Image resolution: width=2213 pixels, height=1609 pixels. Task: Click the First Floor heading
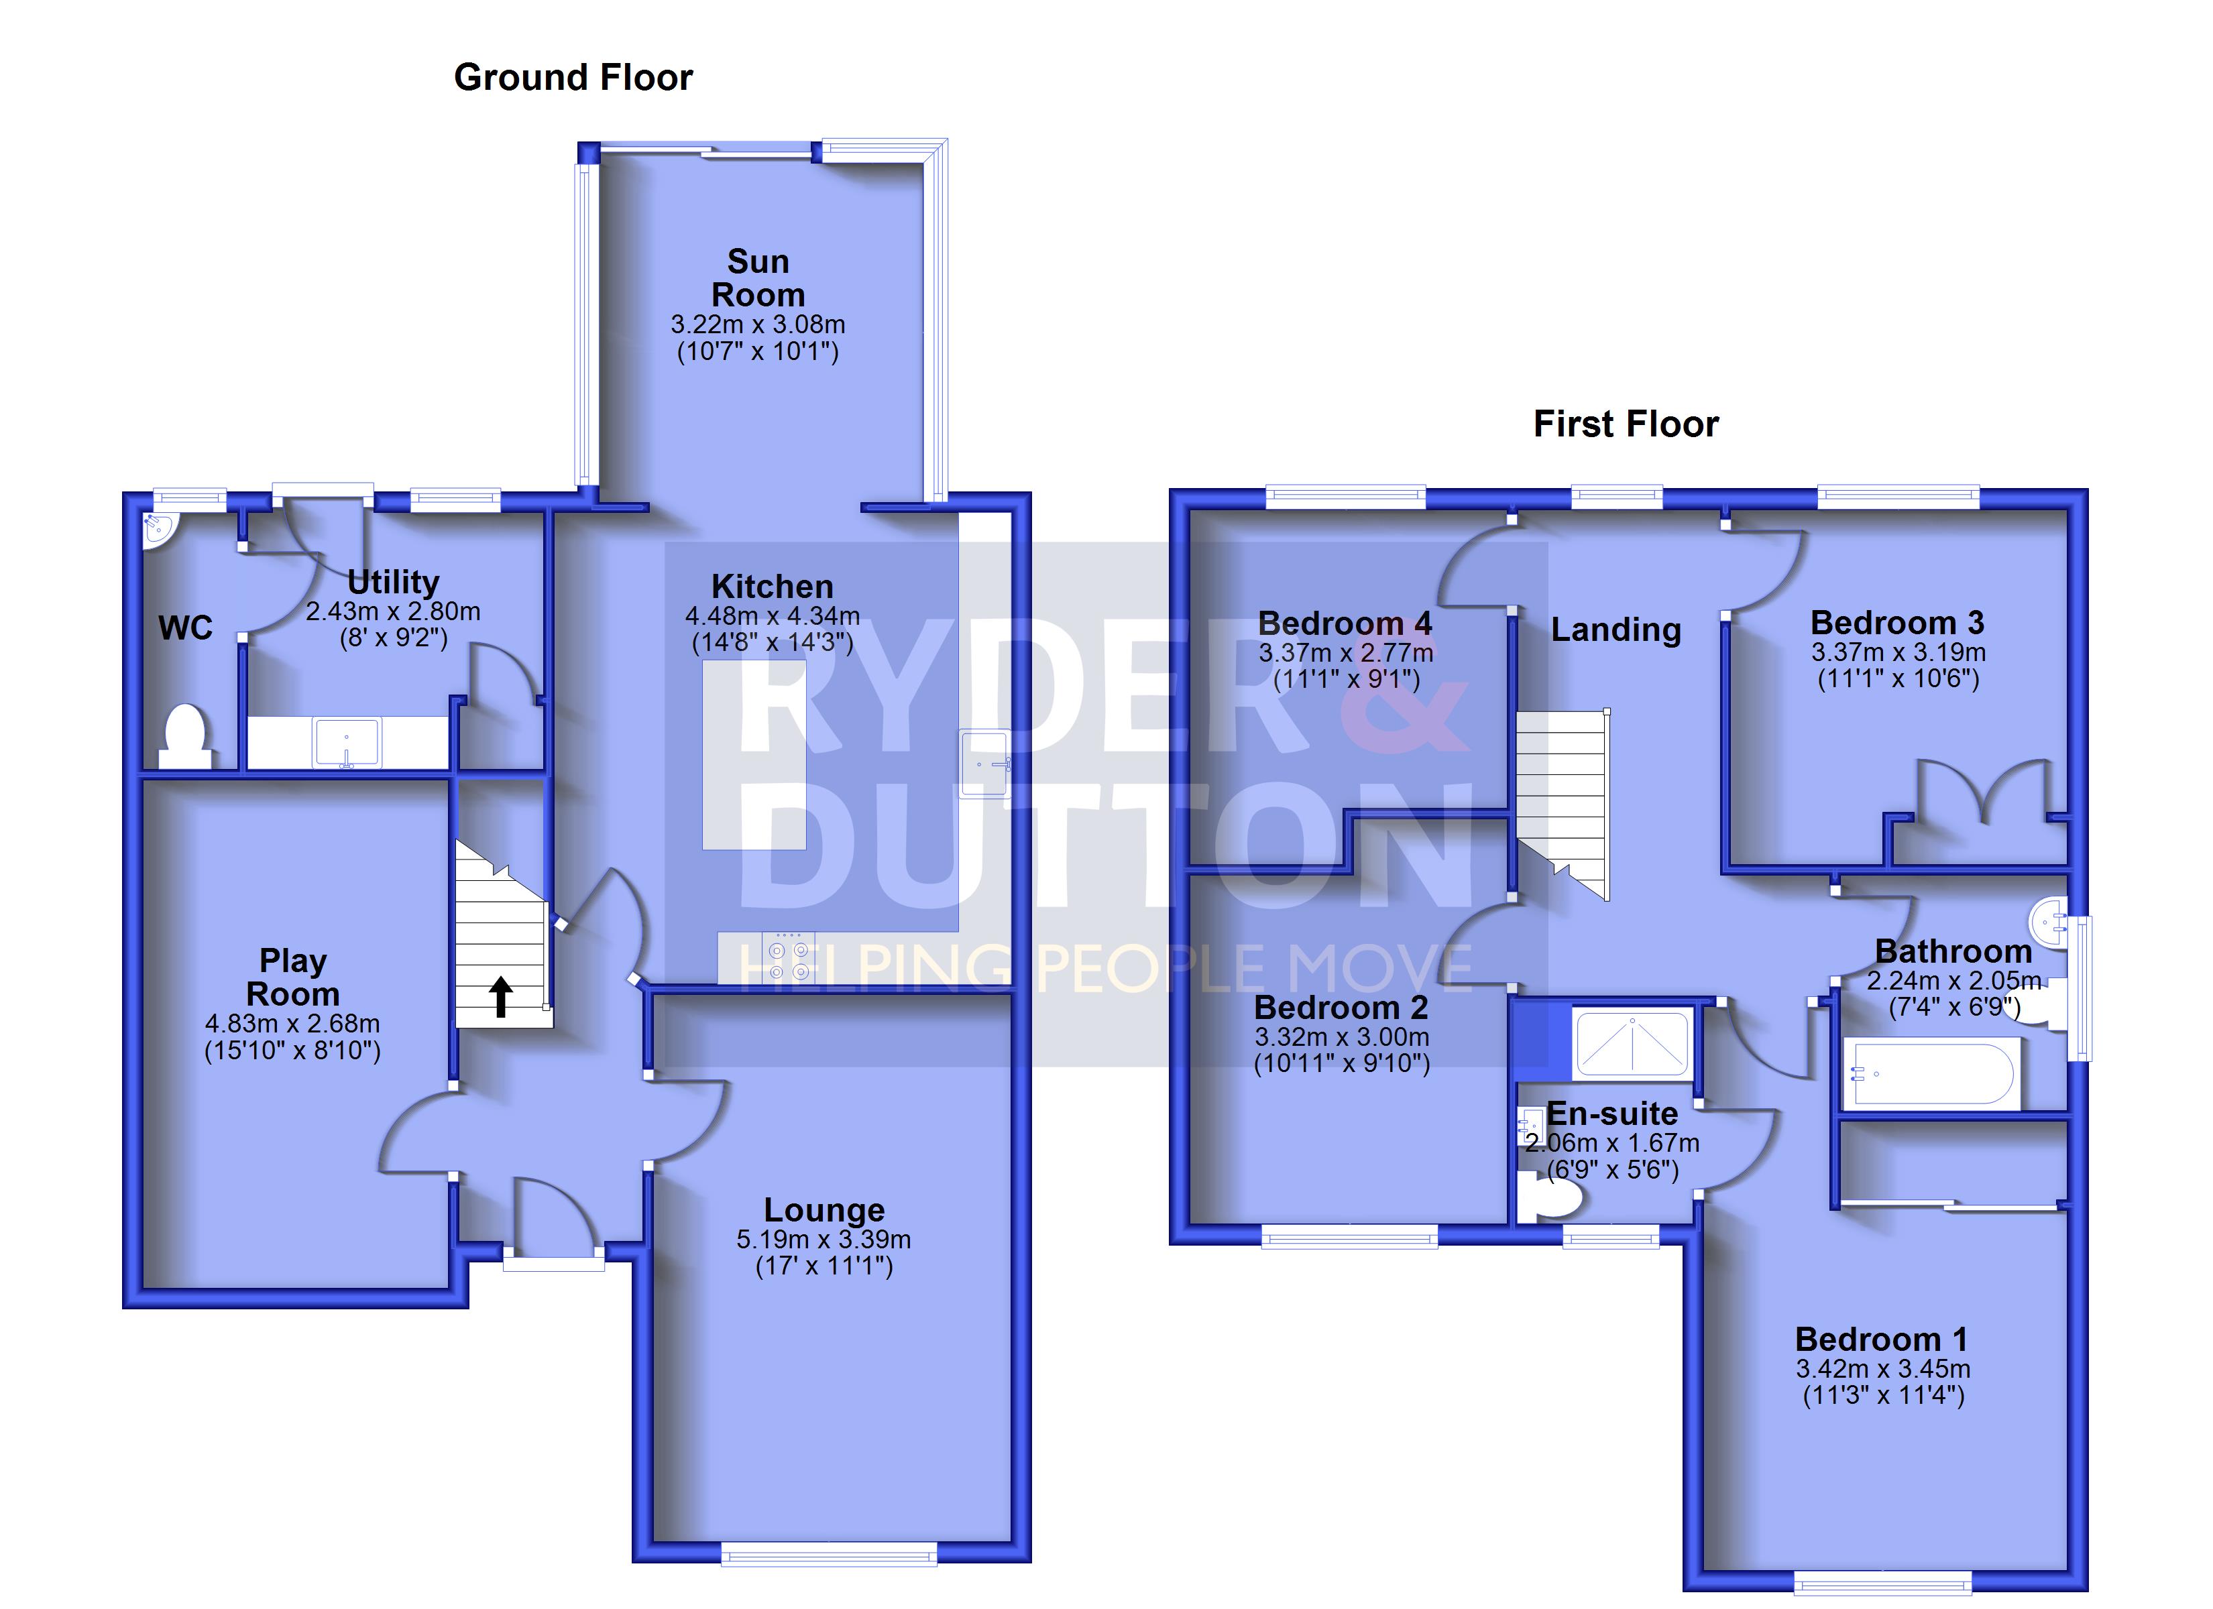point(1626,424)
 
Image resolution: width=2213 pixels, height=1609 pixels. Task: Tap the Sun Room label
point(758,278)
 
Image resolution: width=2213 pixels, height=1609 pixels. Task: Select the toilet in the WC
point(185,735)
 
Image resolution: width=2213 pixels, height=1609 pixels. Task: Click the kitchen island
point(754,754)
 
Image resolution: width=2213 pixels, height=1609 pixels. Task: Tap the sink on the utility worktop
point(347,743)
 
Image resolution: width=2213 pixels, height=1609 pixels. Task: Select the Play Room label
point(293,977)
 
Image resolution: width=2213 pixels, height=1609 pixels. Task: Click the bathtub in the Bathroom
point(1929,1074)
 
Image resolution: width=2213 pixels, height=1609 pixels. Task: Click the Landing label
point(1616,630)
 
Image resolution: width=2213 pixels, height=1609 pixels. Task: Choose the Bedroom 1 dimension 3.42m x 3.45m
point(1883,1369)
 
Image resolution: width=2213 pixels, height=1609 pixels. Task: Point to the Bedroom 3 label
point(1897,623)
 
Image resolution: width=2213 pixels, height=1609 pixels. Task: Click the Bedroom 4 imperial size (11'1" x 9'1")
point(1345,679)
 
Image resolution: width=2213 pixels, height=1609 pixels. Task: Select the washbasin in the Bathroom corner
point(2047,919)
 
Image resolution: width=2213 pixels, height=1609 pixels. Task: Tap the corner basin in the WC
point(155,529)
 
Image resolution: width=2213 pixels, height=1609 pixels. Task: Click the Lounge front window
point(828,1553)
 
